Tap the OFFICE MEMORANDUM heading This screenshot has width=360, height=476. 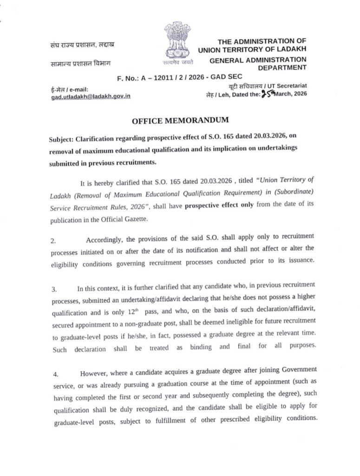point(180,121)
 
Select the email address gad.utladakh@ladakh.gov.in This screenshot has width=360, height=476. point(90,97)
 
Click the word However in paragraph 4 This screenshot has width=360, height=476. point(95,374)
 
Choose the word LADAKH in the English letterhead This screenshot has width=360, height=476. point(290,49)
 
